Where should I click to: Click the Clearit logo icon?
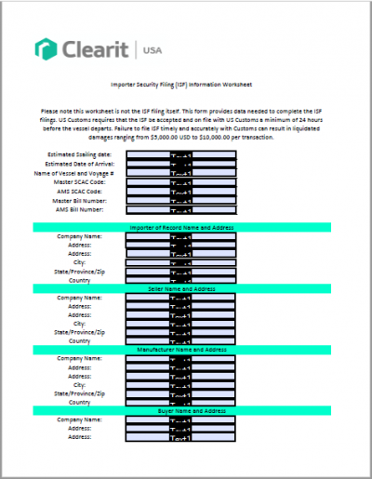[x=44, y=47]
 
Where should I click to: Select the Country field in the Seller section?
[x=181, y=341]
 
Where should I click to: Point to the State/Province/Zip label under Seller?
[x=86, y=332]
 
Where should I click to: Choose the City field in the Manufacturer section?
[x=181, y=384]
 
